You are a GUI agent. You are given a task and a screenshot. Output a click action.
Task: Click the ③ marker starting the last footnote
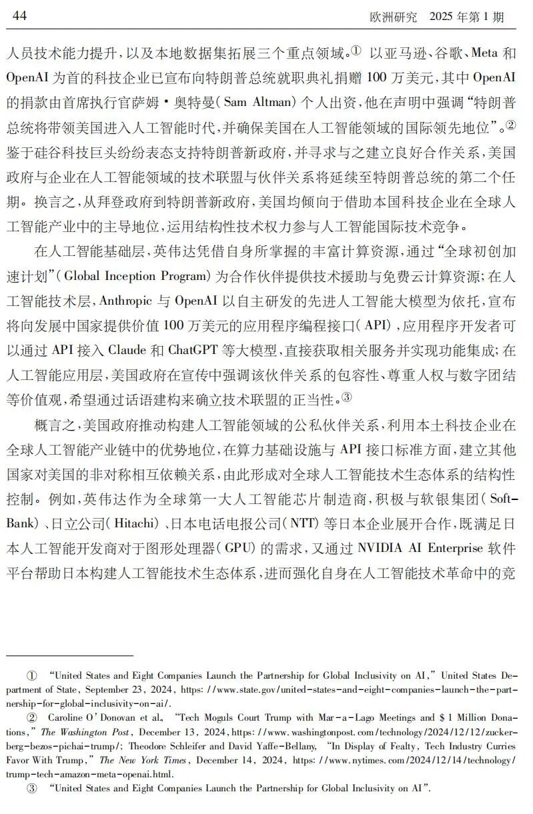32,788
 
